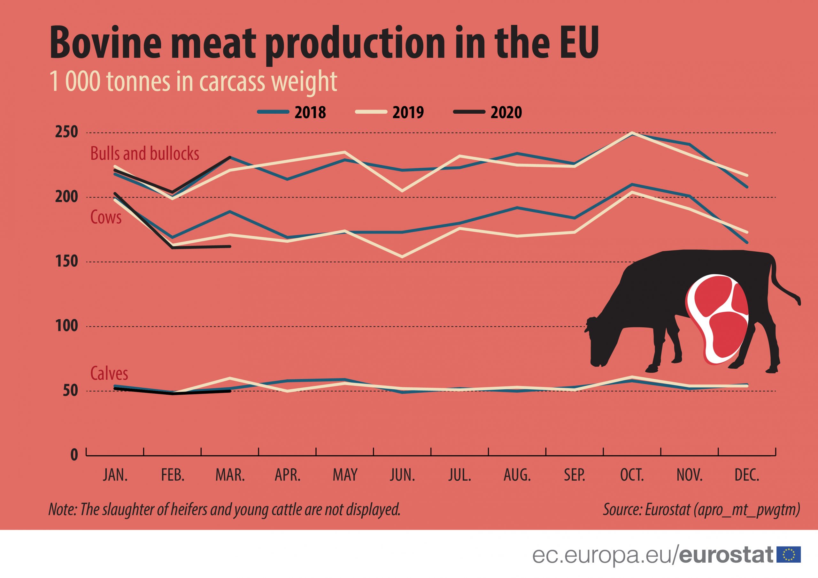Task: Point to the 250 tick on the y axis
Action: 66,132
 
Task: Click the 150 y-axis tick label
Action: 66,262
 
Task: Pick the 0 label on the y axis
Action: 74,455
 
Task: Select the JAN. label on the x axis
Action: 115,475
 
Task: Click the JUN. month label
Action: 403,475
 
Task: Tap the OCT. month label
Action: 632,475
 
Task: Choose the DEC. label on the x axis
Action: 747,475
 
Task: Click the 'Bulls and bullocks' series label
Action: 145,154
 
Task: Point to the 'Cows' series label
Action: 106,217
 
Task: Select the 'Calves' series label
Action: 109,373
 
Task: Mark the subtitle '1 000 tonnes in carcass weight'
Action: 193,81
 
